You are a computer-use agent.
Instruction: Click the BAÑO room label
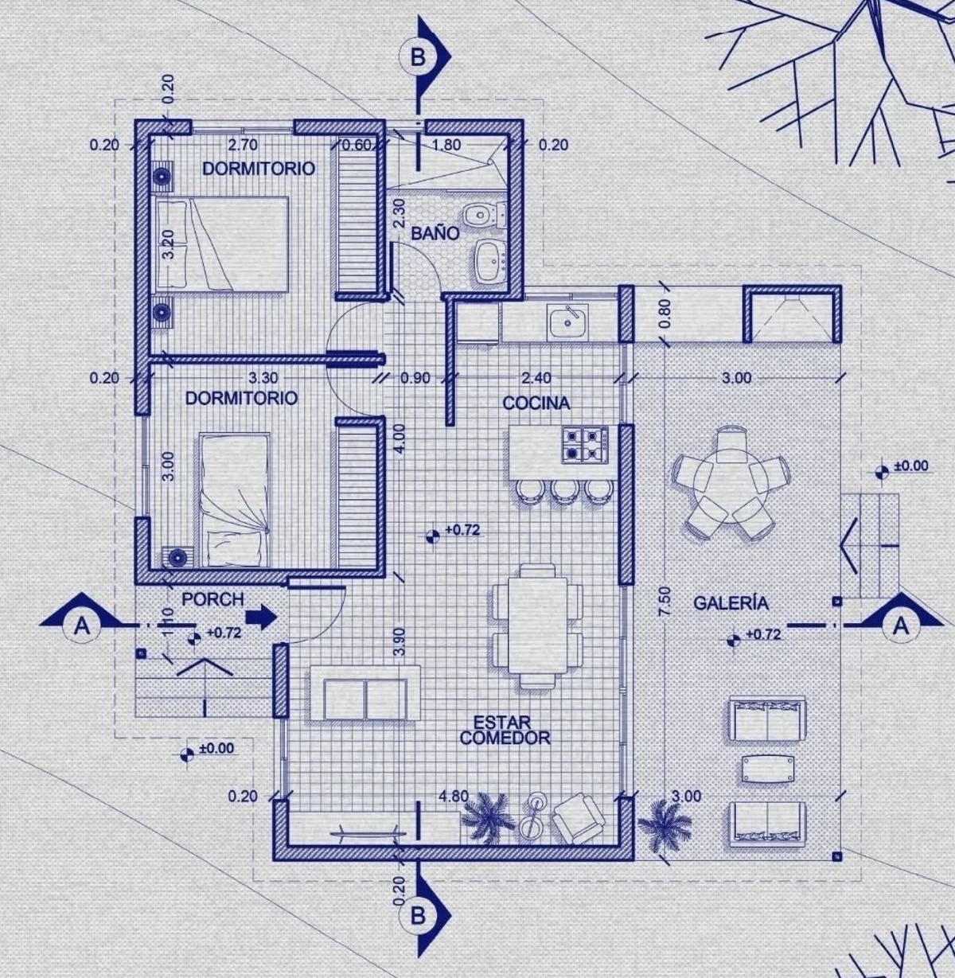435,233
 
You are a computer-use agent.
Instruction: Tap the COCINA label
536,403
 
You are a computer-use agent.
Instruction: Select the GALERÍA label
731,602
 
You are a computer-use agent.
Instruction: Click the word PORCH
212,599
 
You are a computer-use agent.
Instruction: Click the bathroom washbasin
490,260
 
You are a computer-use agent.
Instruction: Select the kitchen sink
568,321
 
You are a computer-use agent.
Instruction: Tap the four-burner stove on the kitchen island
586,444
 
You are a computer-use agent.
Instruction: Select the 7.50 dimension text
665,601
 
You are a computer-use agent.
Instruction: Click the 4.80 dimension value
454,797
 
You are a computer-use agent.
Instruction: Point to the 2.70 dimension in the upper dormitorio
243,145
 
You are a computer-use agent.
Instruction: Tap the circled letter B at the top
417,57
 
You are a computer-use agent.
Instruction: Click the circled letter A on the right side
902,626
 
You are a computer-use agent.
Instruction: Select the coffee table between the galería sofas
769,769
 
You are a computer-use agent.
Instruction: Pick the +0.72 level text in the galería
763,634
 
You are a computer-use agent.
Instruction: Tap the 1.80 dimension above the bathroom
446,145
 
